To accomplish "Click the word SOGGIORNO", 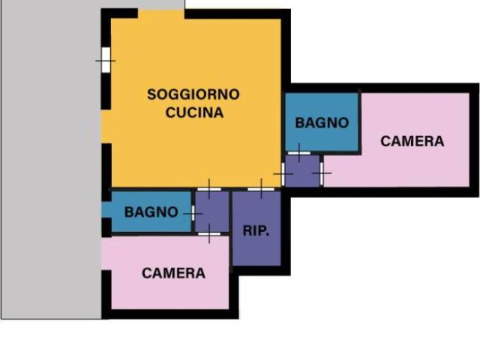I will click(x=193, y=94).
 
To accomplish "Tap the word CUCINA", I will click(x=193, y=112).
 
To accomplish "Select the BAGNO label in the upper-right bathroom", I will click(x=322, y=122).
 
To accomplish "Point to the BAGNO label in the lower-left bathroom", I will click(x=151, y=212).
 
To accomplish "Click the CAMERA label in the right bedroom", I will click(x=412, y=141).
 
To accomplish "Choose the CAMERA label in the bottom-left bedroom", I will click(x=173, y=273).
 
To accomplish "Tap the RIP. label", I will click(x=256, y=230).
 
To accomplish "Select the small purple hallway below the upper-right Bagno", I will click(x=303, y=172).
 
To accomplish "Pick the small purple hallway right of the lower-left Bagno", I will click(x=212, y=212).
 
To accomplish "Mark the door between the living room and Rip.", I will click(x=260, y=189).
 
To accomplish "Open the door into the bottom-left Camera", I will click(x=209, y=235).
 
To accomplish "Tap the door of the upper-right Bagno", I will click(x=298, y=154).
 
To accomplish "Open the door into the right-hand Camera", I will click(x=322, y=174).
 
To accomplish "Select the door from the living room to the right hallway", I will click(x=283, y=174).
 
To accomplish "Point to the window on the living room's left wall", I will click(x=106, y=59).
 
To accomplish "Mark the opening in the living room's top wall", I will click(x=161, y=13).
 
